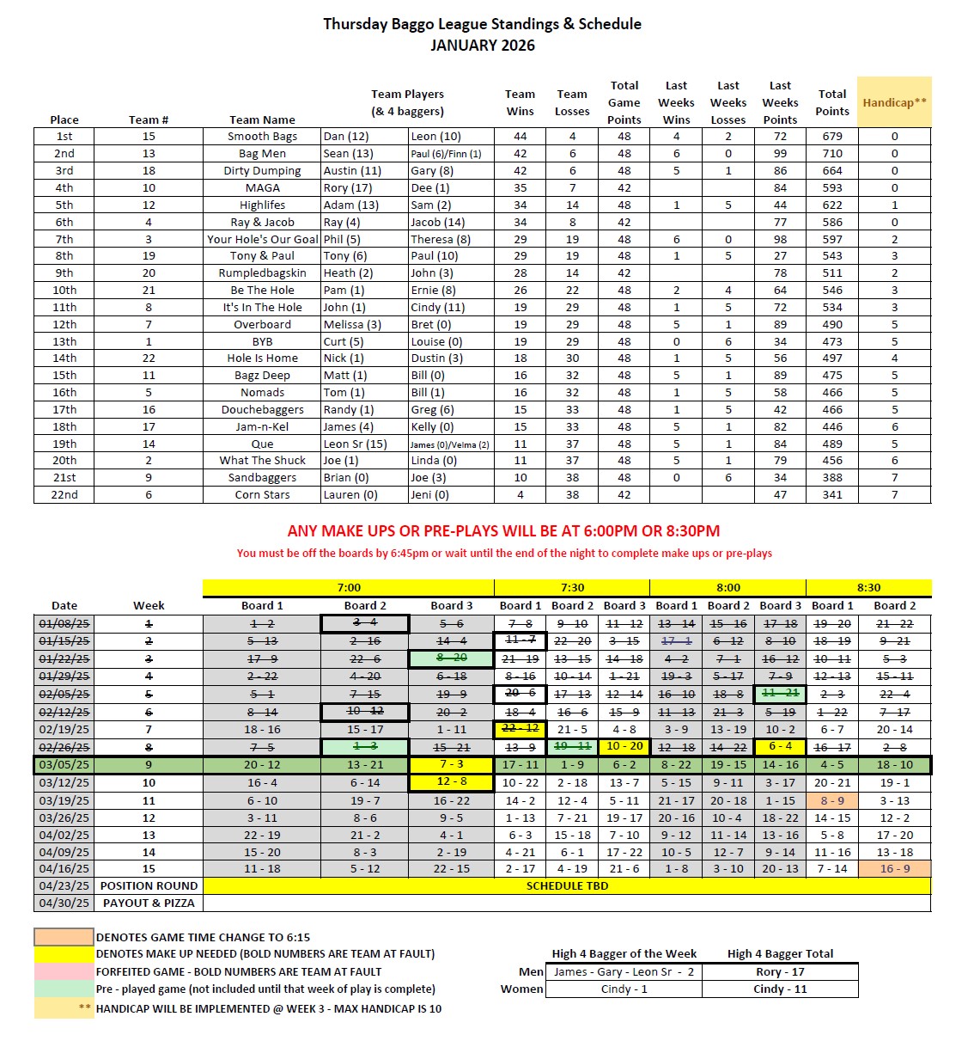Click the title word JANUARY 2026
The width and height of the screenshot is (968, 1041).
pos(482,46)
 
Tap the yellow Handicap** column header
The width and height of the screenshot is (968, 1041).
pos(894,102)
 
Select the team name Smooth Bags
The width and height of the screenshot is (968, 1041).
pos(262,137)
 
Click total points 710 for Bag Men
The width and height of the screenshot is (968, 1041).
pos(831,154)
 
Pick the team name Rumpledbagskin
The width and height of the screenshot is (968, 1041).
pos(262,273)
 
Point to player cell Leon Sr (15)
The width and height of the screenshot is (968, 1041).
pos(355,444)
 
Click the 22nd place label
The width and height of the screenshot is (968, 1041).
pos(64,495)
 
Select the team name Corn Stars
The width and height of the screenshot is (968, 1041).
pos(262,495)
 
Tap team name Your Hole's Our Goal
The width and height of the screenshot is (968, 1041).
pos(262,240)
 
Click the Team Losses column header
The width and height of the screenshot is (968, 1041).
pos(572,102)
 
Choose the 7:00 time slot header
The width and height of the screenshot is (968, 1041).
pos(349,588)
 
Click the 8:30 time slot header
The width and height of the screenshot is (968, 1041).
pos(868,588)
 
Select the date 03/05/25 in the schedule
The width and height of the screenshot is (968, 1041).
pos(64,765)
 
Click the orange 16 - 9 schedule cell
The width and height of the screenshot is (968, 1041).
pos(895,869)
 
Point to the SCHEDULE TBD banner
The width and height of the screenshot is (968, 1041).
pos(567,886)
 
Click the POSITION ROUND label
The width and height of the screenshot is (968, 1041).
pos(149,886)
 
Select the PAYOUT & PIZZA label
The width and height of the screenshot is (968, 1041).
pos(149,903)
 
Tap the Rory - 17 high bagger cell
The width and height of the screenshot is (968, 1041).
pos(780,972)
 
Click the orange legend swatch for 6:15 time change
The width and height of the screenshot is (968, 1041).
pos(64,937)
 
